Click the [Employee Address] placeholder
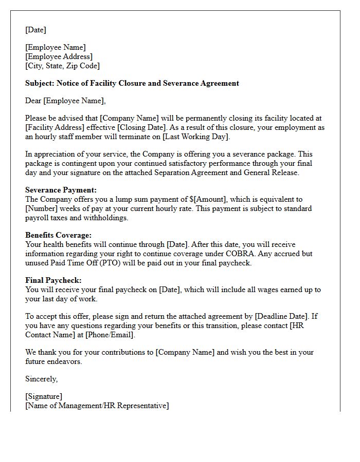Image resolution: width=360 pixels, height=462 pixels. (59, 56)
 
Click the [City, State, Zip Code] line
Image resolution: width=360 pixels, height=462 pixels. (63, 66)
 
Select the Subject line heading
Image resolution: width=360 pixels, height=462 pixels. (132, 83)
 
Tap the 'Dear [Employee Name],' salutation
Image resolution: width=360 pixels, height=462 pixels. (65, 101)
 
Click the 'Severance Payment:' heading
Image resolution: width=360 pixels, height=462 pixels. (61, 190)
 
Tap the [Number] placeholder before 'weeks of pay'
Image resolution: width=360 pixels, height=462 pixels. (43, 208)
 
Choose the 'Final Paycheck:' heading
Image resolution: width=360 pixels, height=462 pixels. (53, 280)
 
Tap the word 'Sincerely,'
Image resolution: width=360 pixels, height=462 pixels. (42, 379)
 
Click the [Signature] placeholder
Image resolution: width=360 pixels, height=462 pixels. (44, 396)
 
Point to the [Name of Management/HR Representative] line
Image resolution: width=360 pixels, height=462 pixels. (97, 406)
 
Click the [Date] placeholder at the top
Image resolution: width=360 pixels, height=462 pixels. (35, 30)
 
